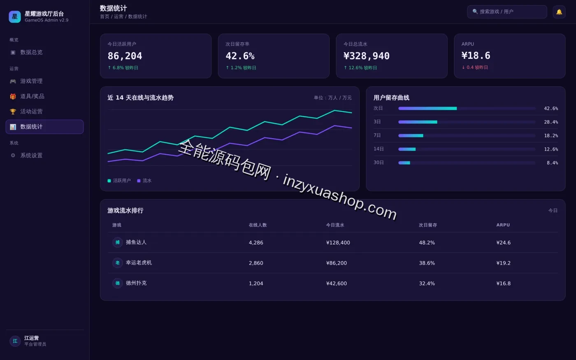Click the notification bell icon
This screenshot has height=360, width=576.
[x=559, y=12]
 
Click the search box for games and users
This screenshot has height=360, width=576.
[x=507, y=12]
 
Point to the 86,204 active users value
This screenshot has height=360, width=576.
[x=125, y=56]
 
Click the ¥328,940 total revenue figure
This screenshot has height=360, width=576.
[x=367, y=56]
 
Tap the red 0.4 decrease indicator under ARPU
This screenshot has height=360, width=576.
[x=475, y=67]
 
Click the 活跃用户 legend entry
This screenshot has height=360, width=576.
[x=119, y=181]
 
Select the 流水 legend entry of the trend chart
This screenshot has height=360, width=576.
[x=144, y=181]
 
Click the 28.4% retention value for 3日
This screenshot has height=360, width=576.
[x=551, y=122]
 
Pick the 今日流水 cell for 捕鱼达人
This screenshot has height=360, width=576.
[x=338, y=242]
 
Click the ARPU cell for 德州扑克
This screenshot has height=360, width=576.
[x=503, y=283]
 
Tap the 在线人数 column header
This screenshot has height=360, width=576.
[x=258, y=225]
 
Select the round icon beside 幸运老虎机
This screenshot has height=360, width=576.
[x=118, y=262]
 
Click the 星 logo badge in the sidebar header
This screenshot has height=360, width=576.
[x=15, y=17]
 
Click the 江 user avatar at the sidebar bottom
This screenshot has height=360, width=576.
[x=15, y=341]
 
